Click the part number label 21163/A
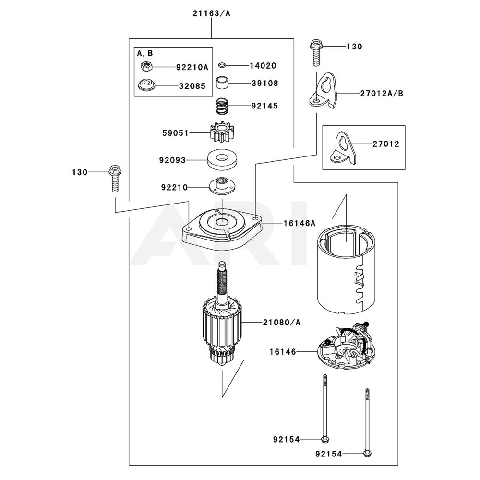211,13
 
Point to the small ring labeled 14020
222,65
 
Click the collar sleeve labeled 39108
221,84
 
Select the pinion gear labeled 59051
221,132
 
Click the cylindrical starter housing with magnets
347,271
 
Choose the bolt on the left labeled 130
114,178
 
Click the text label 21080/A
281,322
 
